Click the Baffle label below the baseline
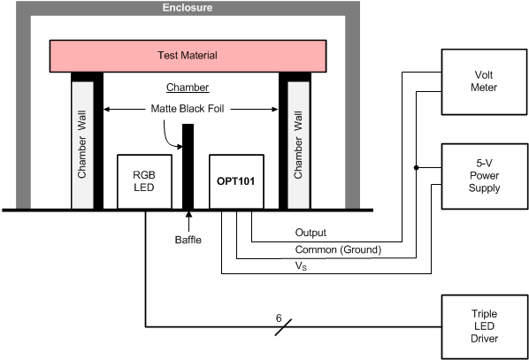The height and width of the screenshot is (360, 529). coord(187,239)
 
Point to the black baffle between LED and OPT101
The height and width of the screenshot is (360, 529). coord(188,168)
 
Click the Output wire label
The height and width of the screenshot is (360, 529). coord(311,234)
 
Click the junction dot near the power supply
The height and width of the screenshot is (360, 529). coord(418,165)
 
